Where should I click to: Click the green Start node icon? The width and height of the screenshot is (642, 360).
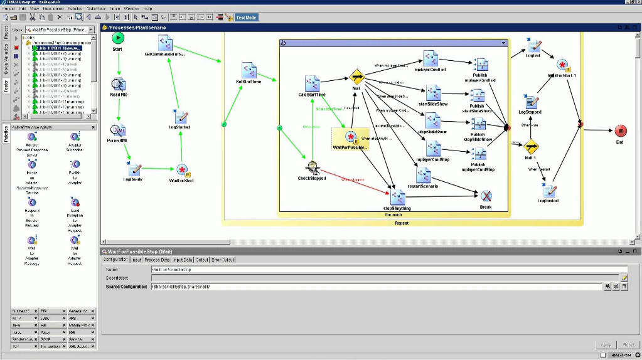118,38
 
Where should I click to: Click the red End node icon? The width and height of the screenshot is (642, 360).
620,130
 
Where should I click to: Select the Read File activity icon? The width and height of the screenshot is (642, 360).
118,83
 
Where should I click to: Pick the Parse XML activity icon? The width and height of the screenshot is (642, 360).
118,130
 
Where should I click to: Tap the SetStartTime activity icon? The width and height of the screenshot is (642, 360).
249,70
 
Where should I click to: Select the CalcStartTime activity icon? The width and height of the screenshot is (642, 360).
312,83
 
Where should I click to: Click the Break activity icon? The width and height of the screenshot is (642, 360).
486,196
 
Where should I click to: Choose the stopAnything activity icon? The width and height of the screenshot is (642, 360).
397,196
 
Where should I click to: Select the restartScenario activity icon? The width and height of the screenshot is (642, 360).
422,175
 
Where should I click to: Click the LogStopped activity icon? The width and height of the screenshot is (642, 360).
531,102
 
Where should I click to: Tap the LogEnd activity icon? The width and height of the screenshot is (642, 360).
533,45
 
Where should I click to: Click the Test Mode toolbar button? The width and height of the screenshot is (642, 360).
247,18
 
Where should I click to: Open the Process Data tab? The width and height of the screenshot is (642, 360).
157,260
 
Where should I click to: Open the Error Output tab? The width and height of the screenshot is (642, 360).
224,260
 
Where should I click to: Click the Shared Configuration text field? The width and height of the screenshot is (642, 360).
377,287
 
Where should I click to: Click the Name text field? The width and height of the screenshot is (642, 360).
389,269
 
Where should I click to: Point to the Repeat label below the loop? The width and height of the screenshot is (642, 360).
402,223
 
